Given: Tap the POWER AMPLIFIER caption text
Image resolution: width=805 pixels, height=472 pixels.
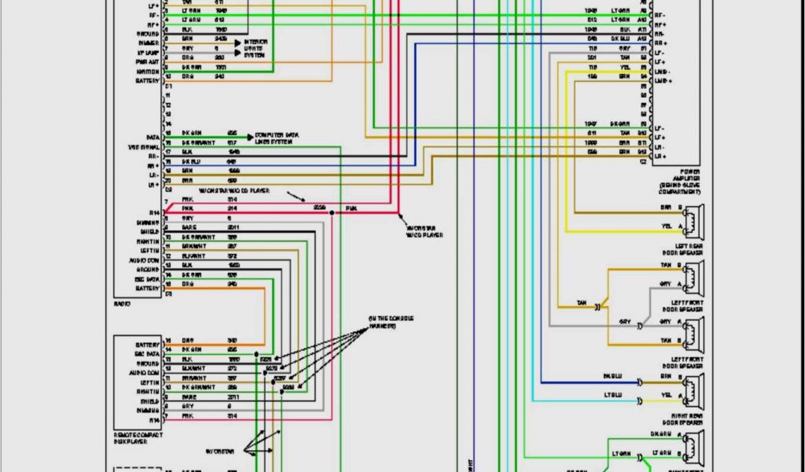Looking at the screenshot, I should (x=680, y=182).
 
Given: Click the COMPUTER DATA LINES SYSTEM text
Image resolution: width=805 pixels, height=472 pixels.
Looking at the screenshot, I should (x=276, y=138).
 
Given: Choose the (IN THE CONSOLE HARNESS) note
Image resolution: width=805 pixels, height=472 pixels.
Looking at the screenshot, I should (x=391, y=322).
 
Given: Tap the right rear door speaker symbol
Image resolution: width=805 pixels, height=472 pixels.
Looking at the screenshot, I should (x=693, y=389).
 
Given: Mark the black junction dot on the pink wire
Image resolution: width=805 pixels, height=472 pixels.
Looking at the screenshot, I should (x=333, y=212).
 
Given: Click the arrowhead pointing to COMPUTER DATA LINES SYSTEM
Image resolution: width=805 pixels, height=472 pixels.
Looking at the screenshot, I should (x=251, y=136).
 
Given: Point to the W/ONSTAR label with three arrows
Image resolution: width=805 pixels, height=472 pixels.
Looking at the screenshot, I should (x=219, y=452).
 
